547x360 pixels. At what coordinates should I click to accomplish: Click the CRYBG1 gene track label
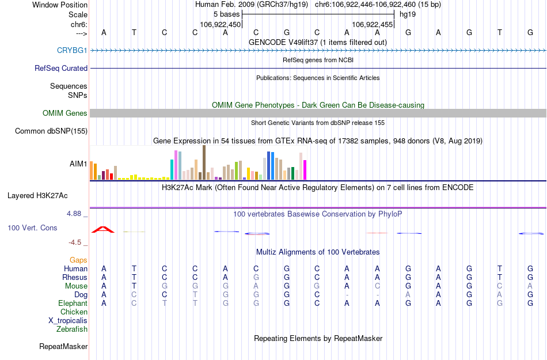(x=72, y=51)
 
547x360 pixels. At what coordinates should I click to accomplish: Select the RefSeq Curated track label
(x=61, y=68)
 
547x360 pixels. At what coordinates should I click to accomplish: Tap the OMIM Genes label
(x=65, y=113)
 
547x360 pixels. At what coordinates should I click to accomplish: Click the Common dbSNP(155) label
(x=51, y=131)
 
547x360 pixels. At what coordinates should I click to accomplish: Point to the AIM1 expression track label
(x=78, y=164)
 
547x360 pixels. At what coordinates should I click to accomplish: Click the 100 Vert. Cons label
(x=32, y=228)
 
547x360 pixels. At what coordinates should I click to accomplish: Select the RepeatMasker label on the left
(x=63, y=347)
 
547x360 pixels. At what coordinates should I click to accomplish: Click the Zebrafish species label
(x=72, y=329)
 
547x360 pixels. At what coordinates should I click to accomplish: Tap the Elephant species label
(x=73, y=304)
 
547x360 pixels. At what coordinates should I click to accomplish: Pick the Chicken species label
(x=74, y=312)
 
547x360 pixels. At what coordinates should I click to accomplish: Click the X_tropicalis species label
(x=68, y=321)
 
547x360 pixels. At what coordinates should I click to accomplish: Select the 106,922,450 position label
(x=220, y=25)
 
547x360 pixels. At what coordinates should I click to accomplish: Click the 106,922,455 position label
(x=372, y=25)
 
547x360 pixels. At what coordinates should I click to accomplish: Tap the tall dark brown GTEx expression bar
(x=204, y=162)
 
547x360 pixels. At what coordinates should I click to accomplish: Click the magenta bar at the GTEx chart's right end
(x=305, y=170)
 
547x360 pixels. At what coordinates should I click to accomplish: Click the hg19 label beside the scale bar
(x=407, y=14)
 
